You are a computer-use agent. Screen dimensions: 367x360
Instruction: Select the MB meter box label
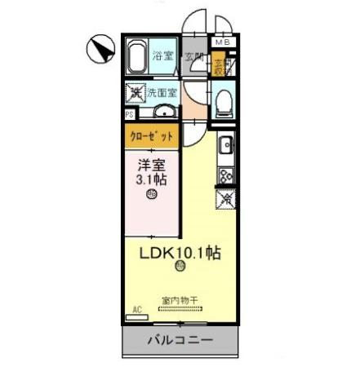coord(222,42)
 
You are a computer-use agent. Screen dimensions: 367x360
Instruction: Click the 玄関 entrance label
coord(194,56)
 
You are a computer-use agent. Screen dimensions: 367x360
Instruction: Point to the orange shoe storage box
coord(220,64)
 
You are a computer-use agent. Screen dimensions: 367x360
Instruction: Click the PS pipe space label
coord(130,115)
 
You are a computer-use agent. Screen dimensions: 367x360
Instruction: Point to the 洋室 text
coord(150,162)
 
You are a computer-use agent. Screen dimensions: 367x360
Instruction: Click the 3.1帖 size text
coord(152,179)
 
